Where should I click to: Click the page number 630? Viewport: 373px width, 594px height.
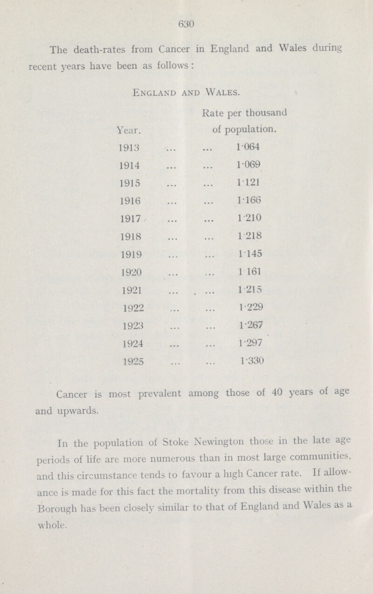click(186, 22)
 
